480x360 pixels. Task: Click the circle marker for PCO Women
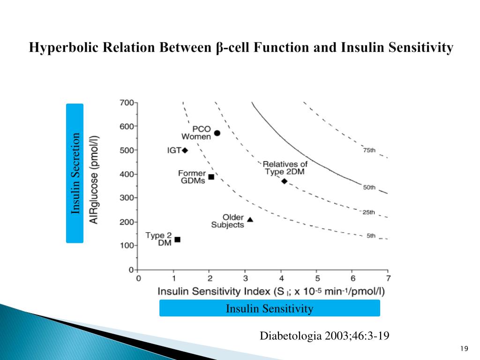pyautogui.click(x=217, y=133)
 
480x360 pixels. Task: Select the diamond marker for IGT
pyautogui.click(x=185, y=150)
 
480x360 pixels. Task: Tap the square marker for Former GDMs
pyautogui.click(x=211, y=177)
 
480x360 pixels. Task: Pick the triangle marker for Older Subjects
pyautogui.click(x=250, y=219)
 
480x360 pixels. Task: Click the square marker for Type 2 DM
pyautogui.click(x=177, y=240)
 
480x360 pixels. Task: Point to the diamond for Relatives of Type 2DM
pyautogui.click(x=284, y=181)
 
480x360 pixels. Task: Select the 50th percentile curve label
pyautogui.click(x=369, y=187)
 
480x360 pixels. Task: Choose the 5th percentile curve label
pyautogui.click(x=371, y=236)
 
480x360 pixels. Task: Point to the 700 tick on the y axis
pyautogui.click(x=127, y=102)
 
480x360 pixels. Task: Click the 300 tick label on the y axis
pyautogui.click(x=127, y=198)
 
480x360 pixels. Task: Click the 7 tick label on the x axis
pyautogui.click(x=388, y=278)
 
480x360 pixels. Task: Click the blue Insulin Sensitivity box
pyautogui.click(x=270, y=308)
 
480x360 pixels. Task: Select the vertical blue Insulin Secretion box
pyautogui.click(x=75, y=173)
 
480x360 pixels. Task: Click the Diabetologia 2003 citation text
pyautogui.click(x=325, y=336)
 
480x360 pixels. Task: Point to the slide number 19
pyautogui.click(x=465, y=348)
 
